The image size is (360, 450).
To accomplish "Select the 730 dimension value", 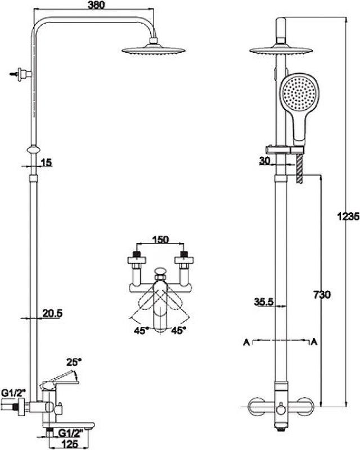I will tap(322, 294).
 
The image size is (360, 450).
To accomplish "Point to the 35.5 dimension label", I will tap(263, 303).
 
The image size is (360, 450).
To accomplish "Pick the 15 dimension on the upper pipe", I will tap(46, 163).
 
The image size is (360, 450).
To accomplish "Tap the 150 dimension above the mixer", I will tap(161, 240).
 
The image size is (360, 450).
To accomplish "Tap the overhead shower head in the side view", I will tap(154, 51).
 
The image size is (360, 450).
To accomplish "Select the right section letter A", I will tap(314, 341).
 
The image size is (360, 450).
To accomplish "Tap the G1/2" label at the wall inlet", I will tap(12, 391).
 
